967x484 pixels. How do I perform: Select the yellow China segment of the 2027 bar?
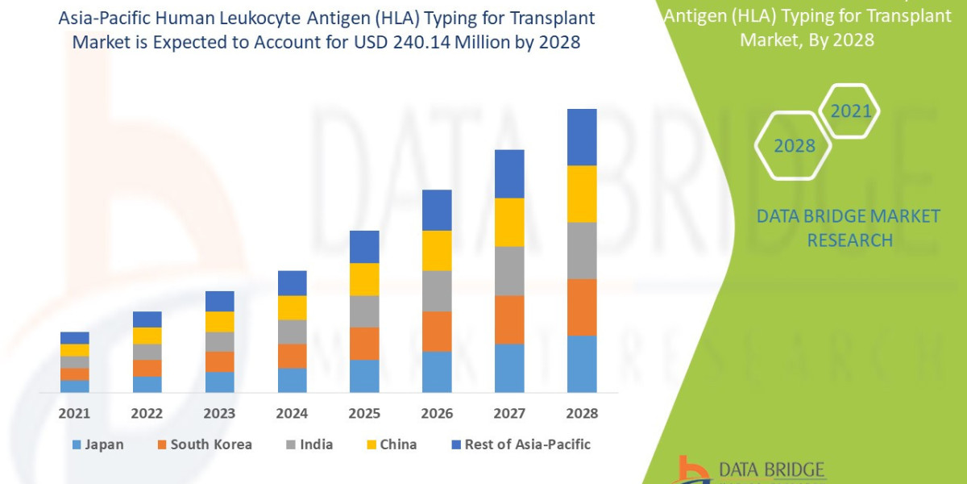coord(509,222)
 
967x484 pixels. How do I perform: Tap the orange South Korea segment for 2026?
coord(437,331)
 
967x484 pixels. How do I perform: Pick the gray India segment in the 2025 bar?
coord(364,311)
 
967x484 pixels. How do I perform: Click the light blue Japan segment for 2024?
coord(292,380)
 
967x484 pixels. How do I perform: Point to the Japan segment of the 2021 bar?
coord(75,386)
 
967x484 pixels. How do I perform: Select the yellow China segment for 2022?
coord(147,336)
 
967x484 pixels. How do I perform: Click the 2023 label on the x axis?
coord(219,414)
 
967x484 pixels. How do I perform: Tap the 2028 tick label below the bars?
coord(582,414)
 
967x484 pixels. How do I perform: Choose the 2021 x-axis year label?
coord(75,414)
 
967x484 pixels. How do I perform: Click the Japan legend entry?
coord(98,444)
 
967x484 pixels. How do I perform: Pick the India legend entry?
coord(309,444)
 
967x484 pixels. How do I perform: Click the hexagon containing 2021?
coord(850,111)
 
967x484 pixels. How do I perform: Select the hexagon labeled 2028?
coord(794,146)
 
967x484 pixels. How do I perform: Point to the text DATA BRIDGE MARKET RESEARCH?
coord(849,227)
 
